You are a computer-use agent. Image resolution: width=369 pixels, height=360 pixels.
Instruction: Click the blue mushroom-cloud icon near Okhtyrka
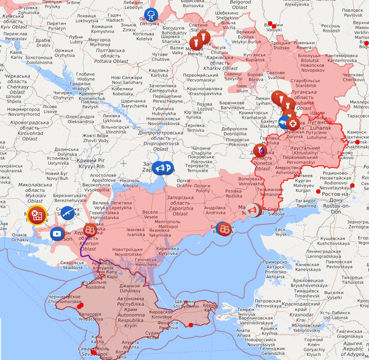click(151, 15)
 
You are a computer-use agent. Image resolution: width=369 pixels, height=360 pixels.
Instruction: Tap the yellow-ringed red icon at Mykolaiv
click(37, 215)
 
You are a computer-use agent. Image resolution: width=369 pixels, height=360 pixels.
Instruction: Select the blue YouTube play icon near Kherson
click(57, 234)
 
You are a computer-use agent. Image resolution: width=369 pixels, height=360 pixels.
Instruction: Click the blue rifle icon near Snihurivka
click(67, 212)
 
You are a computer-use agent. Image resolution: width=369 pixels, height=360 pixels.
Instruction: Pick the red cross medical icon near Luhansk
click(292, 124)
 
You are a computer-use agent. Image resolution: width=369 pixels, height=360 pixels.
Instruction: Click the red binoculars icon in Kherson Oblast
click(90, 230)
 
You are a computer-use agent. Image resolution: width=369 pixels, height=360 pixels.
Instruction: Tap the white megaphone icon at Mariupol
click(253, 210)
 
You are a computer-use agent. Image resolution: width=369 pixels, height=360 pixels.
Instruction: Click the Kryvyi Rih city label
click(90, 163)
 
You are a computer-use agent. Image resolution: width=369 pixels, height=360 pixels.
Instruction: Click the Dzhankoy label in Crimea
click(130, 288)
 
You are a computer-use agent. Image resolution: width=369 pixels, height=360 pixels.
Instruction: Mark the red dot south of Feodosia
click(190, 325)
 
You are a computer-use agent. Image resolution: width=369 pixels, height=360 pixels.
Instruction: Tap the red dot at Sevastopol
click(94, 352)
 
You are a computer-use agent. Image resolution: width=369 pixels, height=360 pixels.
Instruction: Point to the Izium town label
click(242, 88)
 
